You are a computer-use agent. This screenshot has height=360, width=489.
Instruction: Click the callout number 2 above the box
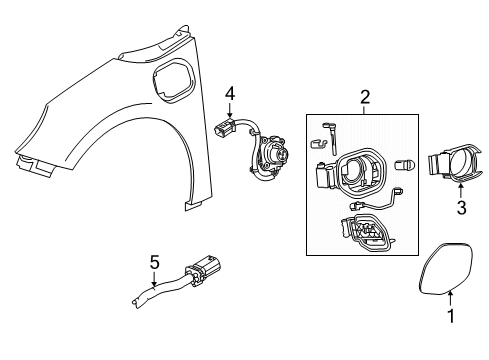tap(364, 97)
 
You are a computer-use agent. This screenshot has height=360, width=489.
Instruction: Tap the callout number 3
tap(461, 208)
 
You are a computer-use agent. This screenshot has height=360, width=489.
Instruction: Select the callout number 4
tap(229, 96)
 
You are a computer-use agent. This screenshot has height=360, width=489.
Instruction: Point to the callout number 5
tap(154, 261)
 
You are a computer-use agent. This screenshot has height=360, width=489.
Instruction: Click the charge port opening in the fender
tap(165, 81)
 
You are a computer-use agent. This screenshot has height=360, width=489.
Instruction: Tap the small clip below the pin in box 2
tap(321, 156)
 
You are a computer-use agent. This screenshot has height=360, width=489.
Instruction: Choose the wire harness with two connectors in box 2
tap(375, 211)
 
